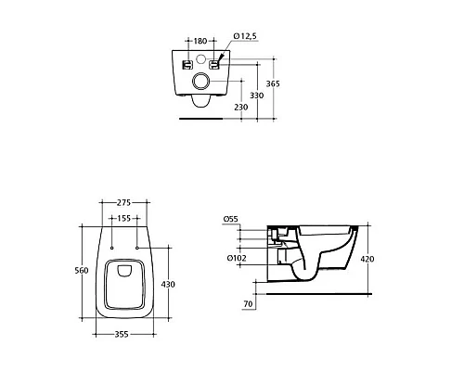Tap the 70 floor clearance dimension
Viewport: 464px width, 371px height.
(248, 303)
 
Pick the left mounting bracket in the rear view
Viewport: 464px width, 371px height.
(187, 64)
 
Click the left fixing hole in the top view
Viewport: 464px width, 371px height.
(110, 249)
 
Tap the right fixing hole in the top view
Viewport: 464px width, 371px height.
(136, 249)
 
